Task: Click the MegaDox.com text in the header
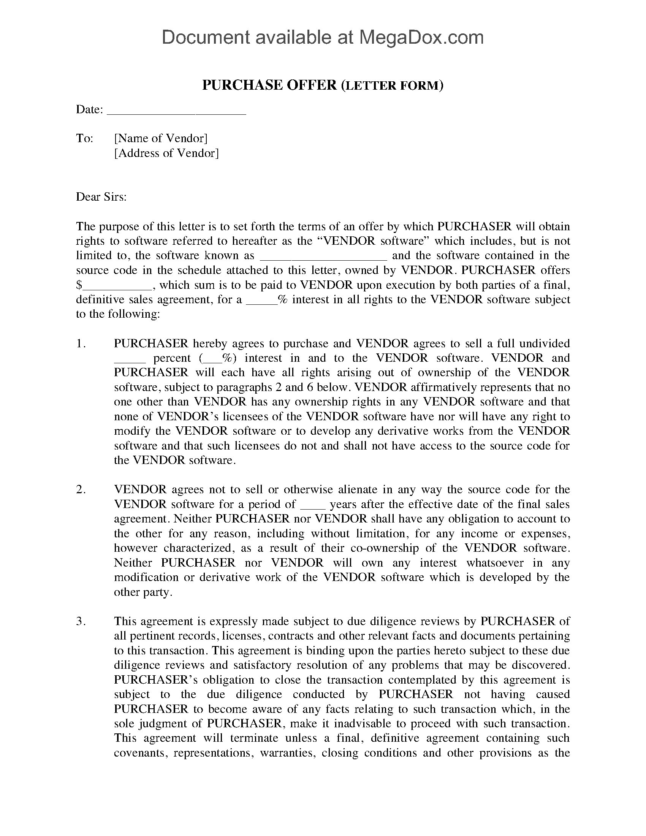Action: pos(421,38)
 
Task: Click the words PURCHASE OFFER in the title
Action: pos(269,85)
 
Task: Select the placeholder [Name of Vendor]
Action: pos(161,138)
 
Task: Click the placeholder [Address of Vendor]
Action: pos(166,153)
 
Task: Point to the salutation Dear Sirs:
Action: pos(101,197)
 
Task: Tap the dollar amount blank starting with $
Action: pos(115,285)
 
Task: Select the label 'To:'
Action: pos(85,138)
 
